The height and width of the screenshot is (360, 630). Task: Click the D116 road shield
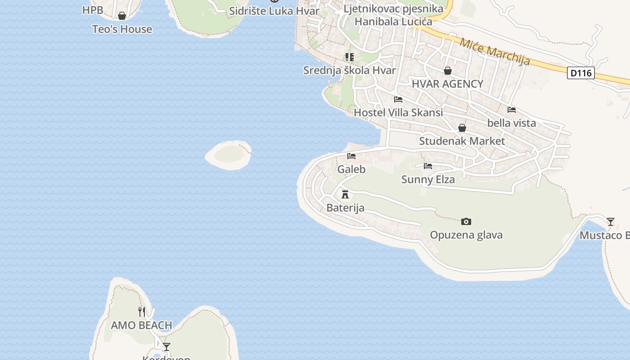580,73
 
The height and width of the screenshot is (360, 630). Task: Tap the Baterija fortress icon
345,194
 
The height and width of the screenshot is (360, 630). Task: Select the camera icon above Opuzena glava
466,221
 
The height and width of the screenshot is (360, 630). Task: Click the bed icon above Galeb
351,156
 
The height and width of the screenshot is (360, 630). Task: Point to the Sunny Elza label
428,180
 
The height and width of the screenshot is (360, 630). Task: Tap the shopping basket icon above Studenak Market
462,128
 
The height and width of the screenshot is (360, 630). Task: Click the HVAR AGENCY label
447,84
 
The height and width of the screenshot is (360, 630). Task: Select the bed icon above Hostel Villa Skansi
398,99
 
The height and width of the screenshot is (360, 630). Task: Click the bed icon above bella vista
512,109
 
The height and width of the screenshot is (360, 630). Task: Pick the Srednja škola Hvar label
350,70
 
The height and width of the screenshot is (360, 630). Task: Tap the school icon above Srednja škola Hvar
350,57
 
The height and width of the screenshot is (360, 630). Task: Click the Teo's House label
122,29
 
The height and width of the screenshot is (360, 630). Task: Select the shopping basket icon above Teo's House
122,16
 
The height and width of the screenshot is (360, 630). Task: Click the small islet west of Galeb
229,155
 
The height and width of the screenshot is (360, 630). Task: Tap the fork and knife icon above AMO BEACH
142,311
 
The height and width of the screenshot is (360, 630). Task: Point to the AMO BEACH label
141,325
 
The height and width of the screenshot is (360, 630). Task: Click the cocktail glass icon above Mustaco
611,221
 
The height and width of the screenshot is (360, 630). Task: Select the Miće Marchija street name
495,51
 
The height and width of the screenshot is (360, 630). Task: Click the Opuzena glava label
466,235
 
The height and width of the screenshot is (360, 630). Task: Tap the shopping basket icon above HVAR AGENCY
448,71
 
